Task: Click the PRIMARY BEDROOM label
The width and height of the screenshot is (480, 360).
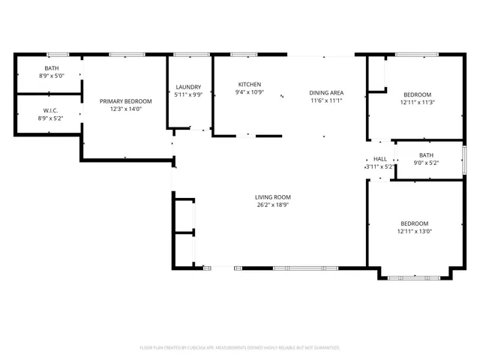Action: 126,101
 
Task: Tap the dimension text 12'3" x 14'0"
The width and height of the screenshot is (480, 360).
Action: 126,109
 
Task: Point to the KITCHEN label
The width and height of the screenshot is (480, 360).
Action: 250,84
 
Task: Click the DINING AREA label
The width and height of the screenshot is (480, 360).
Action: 325,93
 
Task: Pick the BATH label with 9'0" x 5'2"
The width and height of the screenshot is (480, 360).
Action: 426,154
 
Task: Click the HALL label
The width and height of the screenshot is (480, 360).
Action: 380,159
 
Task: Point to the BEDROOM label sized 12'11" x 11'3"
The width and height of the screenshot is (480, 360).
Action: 417,94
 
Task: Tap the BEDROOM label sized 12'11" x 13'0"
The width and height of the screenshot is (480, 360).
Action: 414,223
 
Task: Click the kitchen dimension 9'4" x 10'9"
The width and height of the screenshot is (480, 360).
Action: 250,91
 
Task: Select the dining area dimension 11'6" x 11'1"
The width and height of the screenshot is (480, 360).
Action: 325,100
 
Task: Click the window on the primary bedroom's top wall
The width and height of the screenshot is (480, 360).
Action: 127,54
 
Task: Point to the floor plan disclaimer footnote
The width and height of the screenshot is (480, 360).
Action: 240,347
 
